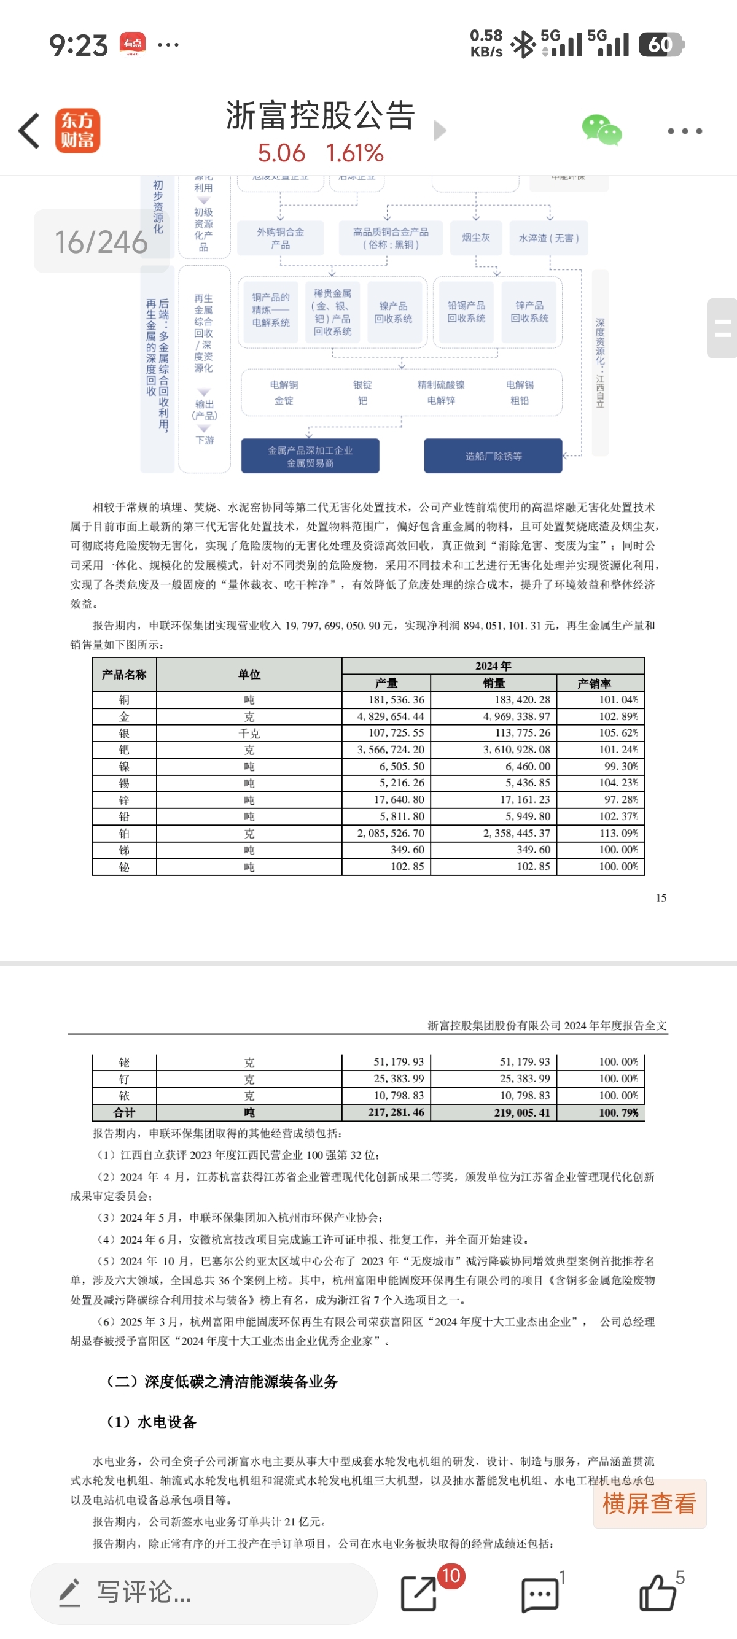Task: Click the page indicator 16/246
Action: pyautogui.click(x=101, y=242)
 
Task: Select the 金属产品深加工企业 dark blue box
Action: pyautogui.click(x=310, y=456)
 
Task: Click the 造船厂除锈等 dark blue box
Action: pyautogui.click(x=493, y=456)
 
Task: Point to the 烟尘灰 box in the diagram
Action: pyautogui.click(x=476, y=238)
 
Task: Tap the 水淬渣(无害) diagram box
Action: pyautogui.click(x=548, y=238)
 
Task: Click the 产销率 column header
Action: pyautogui.click(x=595, y=683)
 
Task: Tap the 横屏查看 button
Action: pyautogui.click(x=649, y=1503)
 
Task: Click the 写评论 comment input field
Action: pyautogui.click(x=204, y=1592)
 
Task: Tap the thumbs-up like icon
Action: pyautogui.click(x=657, y=1592)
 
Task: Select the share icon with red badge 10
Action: pyautogui.click(x=419, y=1592)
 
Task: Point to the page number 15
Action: pyautogui.click(x=661, y=897)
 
